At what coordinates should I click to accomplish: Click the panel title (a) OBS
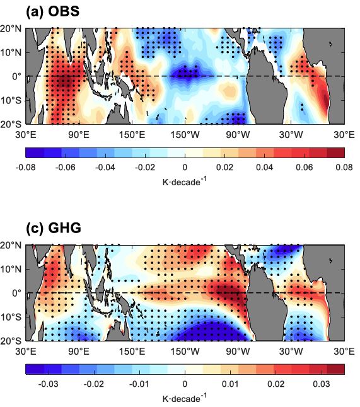click(39, 11)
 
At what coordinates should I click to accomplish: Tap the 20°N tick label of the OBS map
click(11, 28)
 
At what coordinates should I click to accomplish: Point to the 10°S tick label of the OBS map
click(11, 100)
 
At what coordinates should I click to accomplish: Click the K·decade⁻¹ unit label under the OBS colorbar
click(184, 181)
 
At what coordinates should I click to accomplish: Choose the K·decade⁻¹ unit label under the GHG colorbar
click(184, 398)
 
